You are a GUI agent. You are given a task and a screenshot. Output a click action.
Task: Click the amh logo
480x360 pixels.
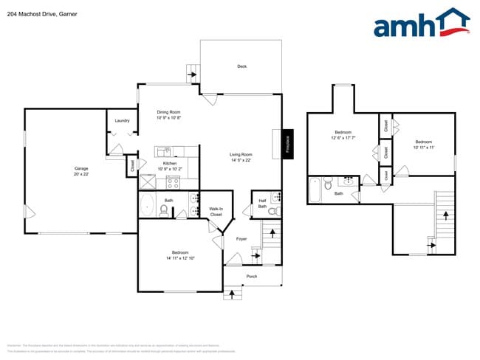(x=422, y=24)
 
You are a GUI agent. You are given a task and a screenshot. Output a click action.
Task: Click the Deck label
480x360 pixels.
(x=241, y=66)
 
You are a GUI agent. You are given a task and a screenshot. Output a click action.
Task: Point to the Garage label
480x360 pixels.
(x=80, y=168)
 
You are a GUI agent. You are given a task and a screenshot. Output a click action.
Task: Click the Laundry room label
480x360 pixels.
(x=123, y=121)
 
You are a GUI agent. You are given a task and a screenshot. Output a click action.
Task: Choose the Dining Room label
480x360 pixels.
(x=169, y=112)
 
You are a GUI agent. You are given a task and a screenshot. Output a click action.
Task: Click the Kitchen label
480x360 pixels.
(x=169, y=163)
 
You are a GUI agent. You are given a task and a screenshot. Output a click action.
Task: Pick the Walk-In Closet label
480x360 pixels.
(x=216, y=212)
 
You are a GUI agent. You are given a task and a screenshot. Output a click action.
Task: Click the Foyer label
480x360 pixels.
(x=241, y=239)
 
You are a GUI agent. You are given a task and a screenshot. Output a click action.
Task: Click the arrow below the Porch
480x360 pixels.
(x=235, y=294)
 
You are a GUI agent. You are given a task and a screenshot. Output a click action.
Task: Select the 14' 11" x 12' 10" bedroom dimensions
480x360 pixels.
(x=179, y=258)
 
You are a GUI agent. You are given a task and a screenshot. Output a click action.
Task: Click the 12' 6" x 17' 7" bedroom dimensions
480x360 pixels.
(x=343, y=138)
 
